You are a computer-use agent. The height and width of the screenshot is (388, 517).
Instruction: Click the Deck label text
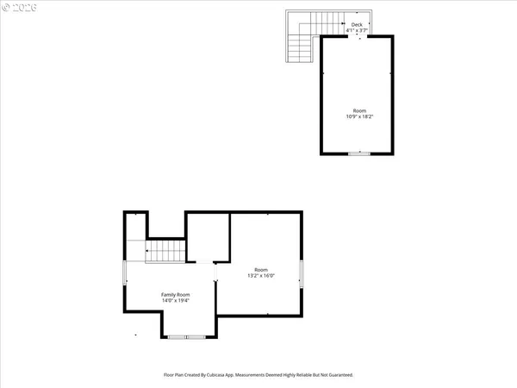pyautogui.click(x=356, y=24)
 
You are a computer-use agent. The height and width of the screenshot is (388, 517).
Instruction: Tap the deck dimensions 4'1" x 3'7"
pyautogui.click(x=356, y=30)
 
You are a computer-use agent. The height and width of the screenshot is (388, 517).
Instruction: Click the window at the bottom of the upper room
pyautogui.click(x=358, y=153)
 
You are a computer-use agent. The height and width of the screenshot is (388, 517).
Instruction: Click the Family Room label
pyautogui.click(x=176, y=295)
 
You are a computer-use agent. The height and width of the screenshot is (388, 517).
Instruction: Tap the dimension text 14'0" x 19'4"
pyautogui.click(x=176, y=301)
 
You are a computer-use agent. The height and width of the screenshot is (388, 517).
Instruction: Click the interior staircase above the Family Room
pyautogui.click(x=165, y=251)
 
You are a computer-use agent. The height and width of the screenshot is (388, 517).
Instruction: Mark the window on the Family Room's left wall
pyautogui.click(x=124, y=275)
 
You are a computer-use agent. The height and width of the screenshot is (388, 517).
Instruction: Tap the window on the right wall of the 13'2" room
pyautogui.click(x=302, y=274)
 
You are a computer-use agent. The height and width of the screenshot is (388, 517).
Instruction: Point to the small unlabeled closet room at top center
pyautogui.click(x=208, y=235)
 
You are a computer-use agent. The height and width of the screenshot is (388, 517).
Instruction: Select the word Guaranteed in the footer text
pyautogui.click(x=339, y=375)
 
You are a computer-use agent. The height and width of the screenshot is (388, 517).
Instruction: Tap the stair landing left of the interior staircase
pyautogui.click(x=135, y=250)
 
